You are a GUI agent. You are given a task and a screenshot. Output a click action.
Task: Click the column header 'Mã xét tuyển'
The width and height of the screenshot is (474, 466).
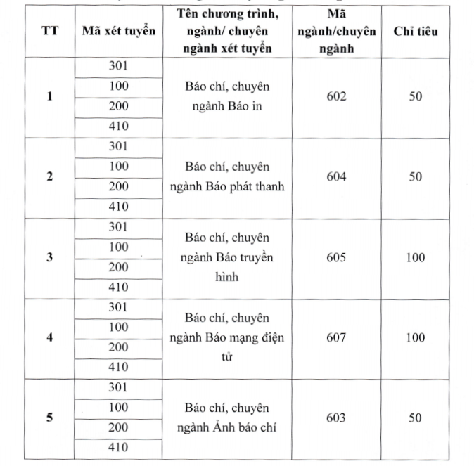pyautogui.click(x=119, y=32)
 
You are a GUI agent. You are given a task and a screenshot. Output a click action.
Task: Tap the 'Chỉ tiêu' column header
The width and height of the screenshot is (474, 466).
pyautogui.click(x=415, y=32)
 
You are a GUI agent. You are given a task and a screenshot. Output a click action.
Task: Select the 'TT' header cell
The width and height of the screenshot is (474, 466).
pyautogui.click(x=49, y=32)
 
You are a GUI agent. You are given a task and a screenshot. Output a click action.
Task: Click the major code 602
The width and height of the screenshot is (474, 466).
pyautogui.click(x=336, y=96)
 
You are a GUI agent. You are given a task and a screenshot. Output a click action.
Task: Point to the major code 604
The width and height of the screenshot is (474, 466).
pyautogui.click(x=336, y=176)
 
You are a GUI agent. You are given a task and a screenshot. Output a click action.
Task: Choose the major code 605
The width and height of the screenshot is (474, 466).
pyautogui.click(x=336, y=257)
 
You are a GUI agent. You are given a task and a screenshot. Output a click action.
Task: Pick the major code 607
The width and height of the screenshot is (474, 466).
pyautogui.click(x=336, y=337)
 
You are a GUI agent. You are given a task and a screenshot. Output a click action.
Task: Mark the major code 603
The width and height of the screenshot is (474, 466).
pyautogui.click(x=336, y=418)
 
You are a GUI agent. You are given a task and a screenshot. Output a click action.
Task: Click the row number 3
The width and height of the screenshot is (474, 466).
pyautogui.click(x=49, y=257)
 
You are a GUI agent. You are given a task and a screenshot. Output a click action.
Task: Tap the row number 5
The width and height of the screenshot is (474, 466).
pyautogui.click(x=49, y=418)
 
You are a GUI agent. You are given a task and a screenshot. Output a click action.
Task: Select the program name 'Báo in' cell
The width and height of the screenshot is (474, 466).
pyautogui.click(x=227, y=96)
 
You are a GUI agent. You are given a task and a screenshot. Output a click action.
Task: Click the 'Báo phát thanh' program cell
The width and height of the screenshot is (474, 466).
pyautogui.click(x=227, y=176)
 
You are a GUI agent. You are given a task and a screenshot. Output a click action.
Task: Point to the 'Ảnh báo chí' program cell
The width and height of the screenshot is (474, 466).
pyautogui.click(x=227, y=418)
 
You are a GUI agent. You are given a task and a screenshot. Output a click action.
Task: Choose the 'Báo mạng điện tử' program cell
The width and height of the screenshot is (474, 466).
pyautogui.click(x=227, y=337)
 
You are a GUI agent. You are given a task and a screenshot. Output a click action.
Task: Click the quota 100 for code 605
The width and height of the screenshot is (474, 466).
pyautogui.click(x=415, y=257)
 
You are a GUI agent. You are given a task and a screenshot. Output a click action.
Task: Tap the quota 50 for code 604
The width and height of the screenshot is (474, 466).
pyautogui.click(x=415, y=176)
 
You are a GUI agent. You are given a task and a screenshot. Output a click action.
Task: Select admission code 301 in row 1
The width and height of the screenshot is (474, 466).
pyautogui.click(x=119, y=66)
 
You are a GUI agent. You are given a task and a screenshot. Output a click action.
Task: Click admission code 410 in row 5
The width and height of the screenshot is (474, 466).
pyautogui.click(x=119, y=448)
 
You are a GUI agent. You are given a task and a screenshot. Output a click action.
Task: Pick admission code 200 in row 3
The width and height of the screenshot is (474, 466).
pyautogui.click(x=119, y=267)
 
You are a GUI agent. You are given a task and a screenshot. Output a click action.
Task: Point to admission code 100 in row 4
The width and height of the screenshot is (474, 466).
pyautogui.click(x=119, y=327)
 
